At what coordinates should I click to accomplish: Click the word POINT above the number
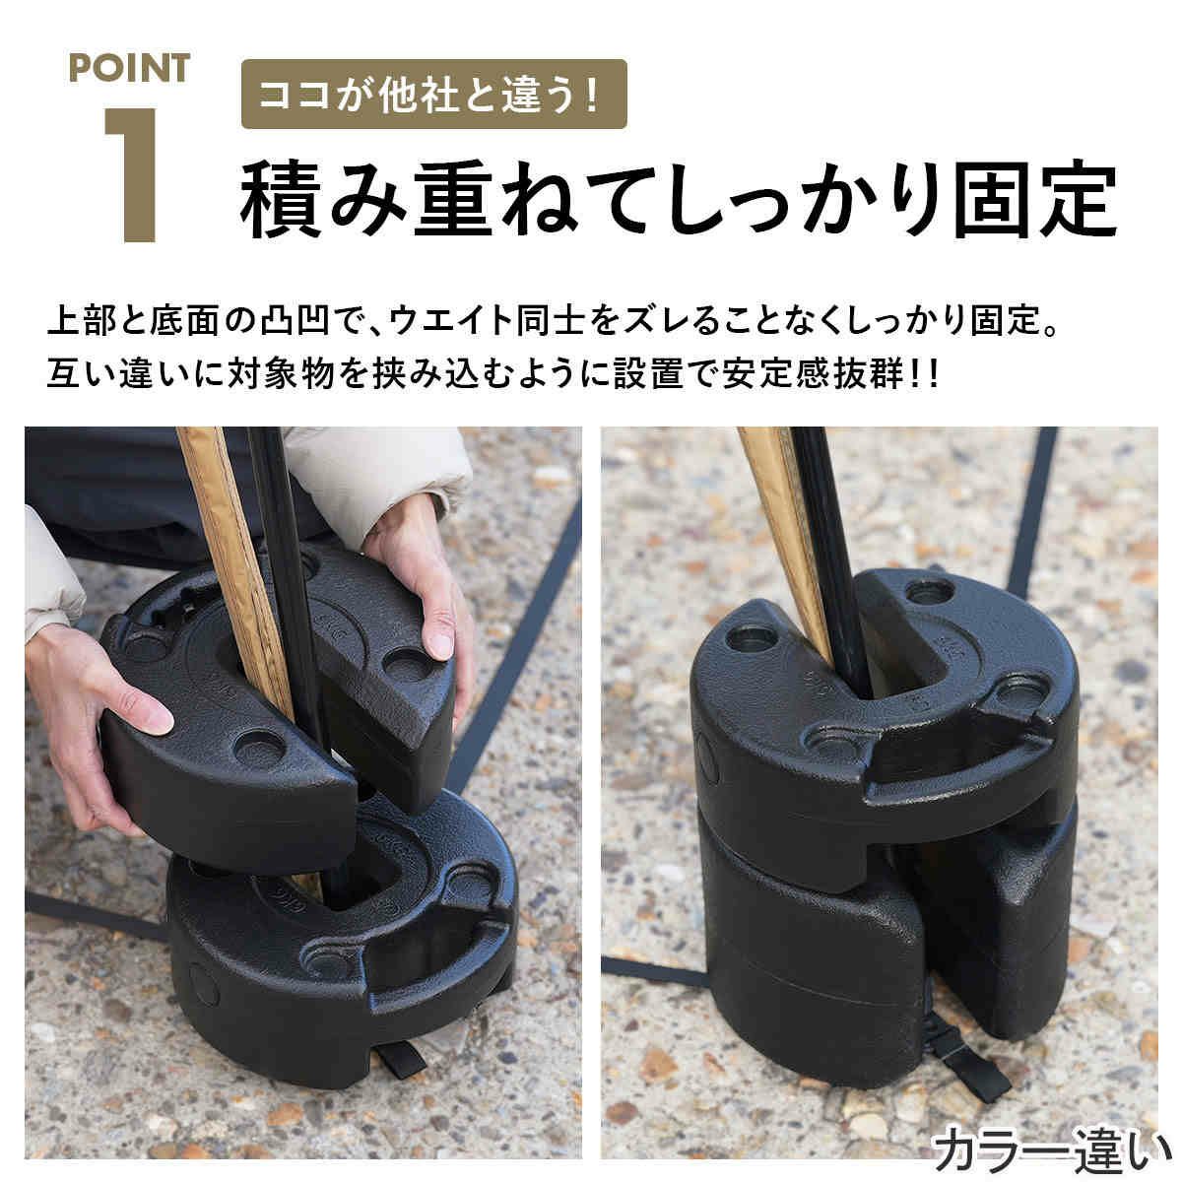[x=129, y=68]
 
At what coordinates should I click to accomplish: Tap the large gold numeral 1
[x=131, y=174]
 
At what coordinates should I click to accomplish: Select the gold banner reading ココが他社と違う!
[x=433, y=94]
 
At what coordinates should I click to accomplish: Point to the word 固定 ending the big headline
[x=1035, y=199]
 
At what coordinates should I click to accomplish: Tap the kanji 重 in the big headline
[x=453, y=199]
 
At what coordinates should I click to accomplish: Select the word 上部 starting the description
[x=82, y=320]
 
